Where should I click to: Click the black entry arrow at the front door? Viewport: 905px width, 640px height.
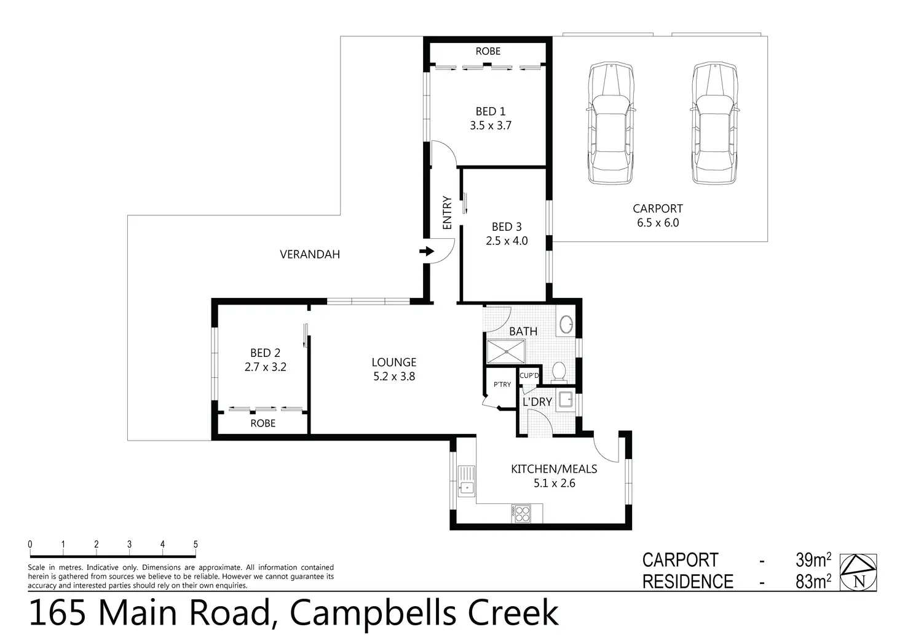pyautogui.click(x=427, y=252)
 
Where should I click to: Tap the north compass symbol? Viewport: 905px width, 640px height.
pyautogui.click(x=858, y=572)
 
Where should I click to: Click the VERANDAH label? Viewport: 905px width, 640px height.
pyautogui.click(x=310, y=254)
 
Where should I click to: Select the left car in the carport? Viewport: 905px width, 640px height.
pyautogui.click(x=611, y=123)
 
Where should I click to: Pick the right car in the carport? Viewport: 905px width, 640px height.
pyautogui.click(x=714, y=123)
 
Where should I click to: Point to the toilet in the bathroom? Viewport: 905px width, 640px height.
pyautogui.click(x=559, y=372)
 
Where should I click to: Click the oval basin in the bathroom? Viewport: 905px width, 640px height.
pyautogui.click(x=566, y=324)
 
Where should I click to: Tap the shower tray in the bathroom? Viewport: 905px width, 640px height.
pyautogui.click(x=506, y=352)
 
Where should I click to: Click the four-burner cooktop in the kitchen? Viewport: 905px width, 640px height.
pyautogui.click(x=521, y=513)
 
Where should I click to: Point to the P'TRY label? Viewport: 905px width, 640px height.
pyautogui.click(x=502, y=385)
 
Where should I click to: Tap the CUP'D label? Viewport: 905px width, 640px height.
pyautogui.click(x=529, y=375)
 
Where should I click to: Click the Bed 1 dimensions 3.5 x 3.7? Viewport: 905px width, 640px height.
pyautogui.click(x=491, y=126)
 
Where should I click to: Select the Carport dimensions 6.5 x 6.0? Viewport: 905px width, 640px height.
pyautogui.click(x=658, y=223)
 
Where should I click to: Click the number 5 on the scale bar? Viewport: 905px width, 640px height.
pyautogui.click(x=196, y=544)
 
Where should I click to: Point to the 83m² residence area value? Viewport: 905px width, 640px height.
pyautogui.click(x=813, y=582)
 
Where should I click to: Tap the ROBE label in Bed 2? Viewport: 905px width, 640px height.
pyautogui.click(x=263, y=423)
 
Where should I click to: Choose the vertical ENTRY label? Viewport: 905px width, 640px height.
pyautogui.click(x=447, y=213)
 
